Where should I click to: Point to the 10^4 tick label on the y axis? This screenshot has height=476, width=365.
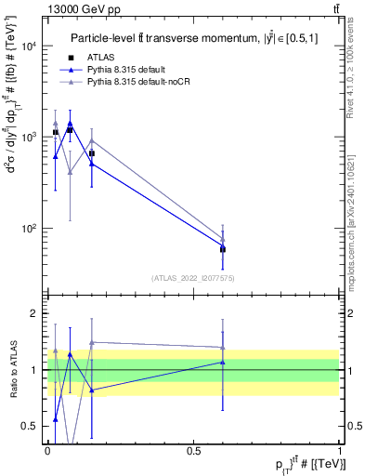tap(30, 46)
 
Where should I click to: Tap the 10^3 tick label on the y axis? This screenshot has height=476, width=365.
tap(30, 137)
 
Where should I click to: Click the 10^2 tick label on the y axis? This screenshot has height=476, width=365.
tap(30, 228)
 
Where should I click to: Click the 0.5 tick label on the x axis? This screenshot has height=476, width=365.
tap(193, 450)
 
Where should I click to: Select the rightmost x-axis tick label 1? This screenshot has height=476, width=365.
tap(339, 450)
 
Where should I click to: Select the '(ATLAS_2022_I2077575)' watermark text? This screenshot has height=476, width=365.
tap(192, 277)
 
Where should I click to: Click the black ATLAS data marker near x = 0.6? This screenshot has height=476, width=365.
tap(222, 249)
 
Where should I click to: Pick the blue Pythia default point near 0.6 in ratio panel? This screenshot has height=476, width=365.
tap(222, 363)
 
